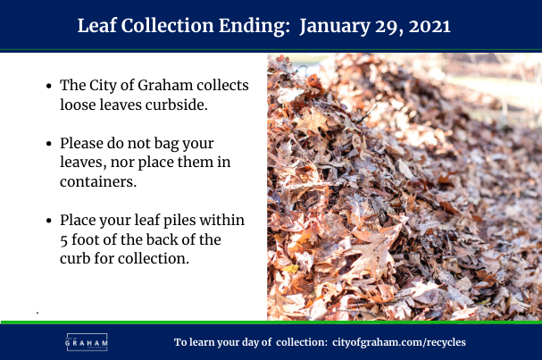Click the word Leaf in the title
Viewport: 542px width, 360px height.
click(96, 26)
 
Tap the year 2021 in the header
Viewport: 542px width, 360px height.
click(429, 26)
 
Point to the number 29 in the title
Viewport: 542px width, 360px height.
click(388, 27)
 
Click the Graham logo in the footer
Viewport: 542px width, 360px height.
click(87, 342)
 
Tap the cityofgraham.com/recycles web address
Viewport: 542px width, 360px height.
click(399, 342)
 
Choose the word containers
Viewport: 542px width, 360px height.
click(98, 181)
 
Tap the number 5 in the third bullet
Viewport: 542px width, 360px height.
click(63, 240)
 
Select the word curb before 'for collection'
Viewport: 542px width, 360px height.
click(75, 258)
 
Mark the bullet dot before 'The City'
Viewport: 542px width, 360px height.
click(49, 86)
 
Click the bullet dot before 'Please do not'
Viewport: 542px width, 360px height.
click(49, 144)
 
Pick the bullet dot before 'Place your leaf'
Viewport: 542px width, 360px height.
click(49, 221)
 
